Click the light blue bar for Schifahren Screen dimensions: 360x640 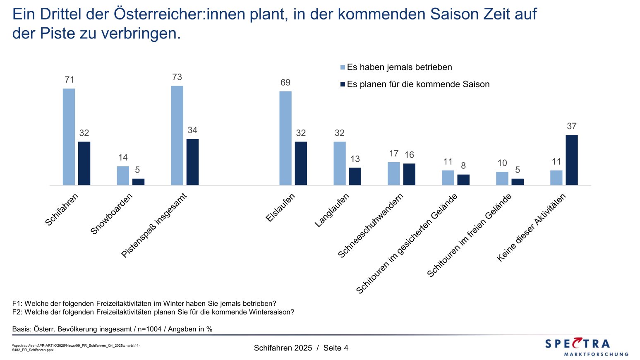[69, 137]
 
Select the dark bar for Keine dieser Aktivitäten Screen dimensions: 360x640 [571, 160]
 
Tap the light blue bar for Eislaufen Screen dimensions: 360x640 [285, 138]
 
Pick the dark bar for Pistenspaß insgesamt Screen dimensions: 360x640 [192, 162]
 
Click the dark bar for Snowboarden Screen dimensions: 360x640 [138, 182]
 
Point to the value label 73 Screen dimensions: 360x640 [177, 77]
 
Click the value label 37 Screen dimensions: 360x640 [571, 126]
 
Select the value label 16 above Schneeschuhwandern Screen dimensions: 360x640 [409, 155]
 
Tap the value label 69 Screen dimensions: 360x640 [285, 83]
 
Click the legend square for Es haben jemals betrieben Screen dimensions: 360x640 [343, 67]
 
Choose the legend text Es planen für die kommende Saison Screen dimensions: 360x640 [418, 84]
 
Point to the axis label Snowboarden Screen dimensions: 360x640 [111, 214]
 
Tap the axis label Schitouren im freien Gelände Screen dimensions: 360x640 [469, 235]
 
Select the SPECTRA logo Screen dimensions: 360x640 [586, 346]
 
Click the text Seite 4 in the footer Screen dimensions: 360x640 [336, 348]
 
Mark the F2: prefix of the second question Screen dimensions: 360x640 [17, 312]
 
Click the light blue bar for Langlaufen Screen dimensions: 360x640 [340, 163]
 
